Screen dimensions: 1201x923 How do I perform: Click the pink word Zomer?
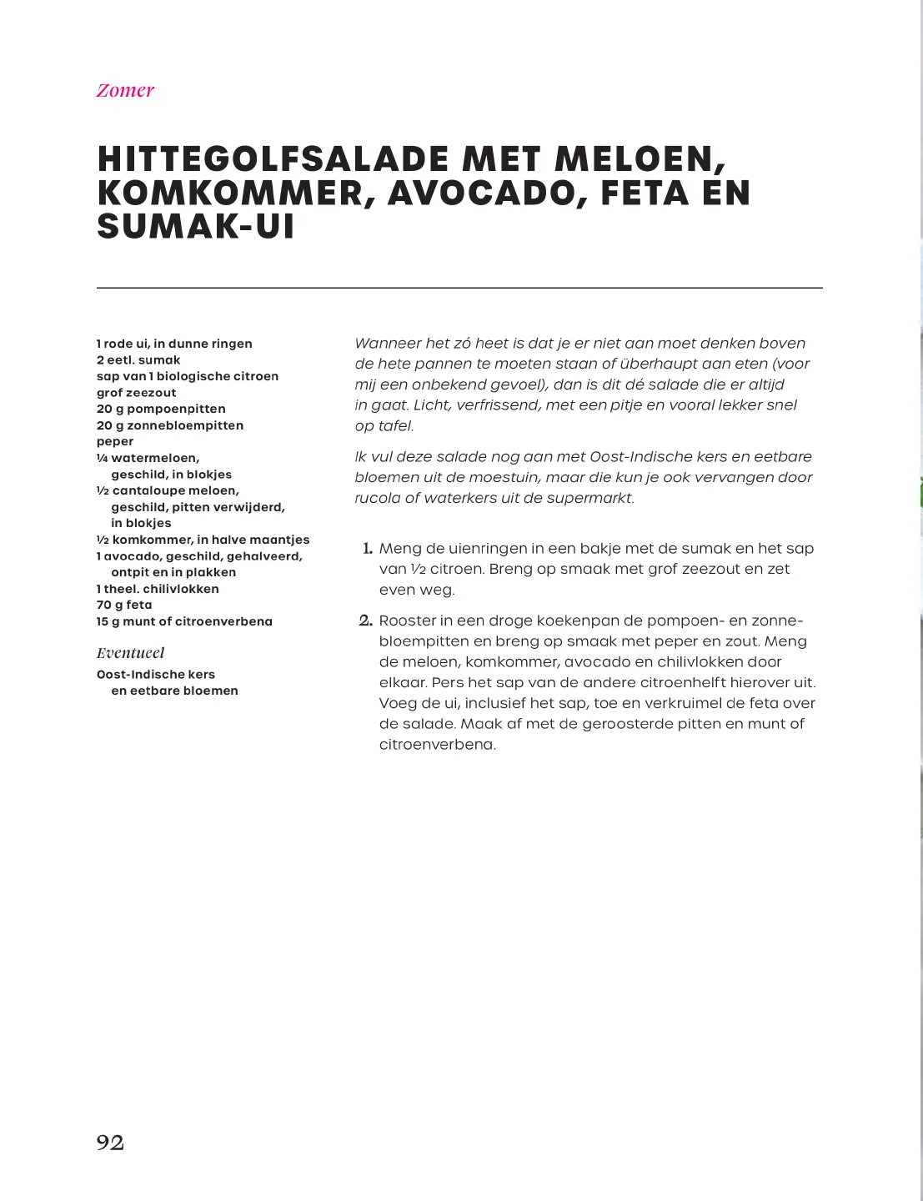click(x=125, y=91)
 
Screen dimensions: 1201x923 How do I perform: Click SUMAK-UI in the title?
click(x=196, y=227)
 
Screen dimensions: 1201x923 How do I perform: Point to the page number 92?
click(x=110, y=1143)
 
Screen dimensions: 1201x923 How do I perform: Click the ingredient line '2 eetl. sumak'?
click(x=138, y=360)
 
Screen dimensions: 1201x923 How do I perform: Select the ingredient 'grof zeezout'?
click(x=136, y=393)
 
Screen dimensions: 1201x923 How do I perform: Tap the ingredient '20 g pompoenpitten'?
click(x=161, y=409)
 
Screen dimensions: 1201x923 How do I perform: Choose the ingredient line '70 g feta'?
click(x=124, y=605)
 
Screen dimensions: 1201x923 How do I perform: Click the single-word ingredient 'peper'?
click(x=115, y=441)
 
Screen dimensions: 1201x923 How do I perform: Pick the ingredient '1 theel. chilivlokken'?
click(x=158, y=589)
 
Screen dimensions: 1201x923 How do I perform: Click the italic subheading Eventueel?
click(x=130, y=653)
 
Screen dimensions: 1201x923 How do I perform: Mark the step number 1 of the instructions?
click(x=367, y=549)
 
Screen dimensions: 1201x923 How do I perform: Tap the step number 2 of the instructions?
click(x=365, y=621)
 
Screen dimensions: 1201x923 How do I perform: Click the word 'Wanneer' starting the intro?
click(x=388, y=344)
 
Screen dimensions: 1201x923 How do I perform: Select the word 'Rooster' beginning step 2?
click(x=408, y=621)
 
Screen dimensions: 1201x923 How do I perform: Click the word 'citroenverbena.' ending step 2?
click(x=437, y=745)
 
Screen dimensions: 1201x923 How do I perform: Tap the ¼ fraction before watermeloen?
click(x=102, y=458)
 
